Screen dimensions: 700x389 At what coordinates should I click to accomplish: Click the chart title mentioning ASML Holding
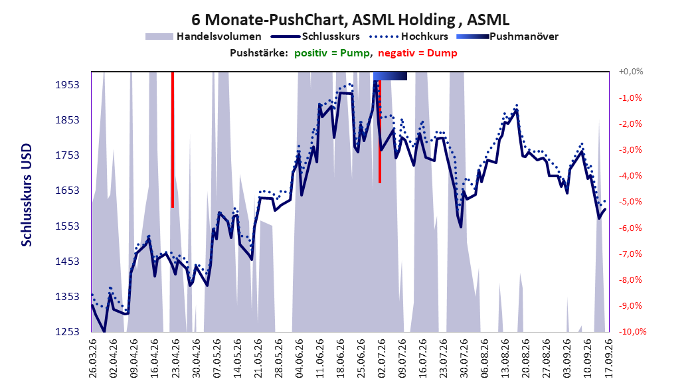(x=350, y=20)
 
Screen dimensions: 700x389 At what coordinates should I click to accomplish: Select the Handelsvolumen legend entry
(x=203, y=37)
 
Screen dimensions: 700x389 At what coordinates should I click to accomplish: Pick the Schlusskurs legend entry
(x=315, y=37)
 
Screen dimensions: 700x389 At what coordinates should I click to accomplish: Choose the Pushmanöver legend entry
(x=507, y=37)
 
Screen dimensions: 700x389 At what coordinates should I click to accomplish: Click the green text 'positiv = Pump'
(x=332, y=53)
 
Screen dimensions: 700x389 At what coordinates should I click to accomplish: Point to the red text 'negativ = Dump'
(x=418, y=53)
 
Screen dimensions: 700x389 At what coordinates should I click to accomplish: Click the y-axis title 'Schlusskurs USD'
(x=27, y=194)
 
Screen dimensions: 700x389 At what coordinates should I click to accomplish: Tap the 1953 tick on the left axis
(x=68, y=85)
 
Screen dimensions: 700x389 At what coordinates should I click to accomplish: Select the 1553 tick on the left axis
(x=68, y=226)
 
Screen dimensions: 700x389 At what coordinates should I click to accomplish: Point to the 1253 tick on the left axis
(x=68, y=332)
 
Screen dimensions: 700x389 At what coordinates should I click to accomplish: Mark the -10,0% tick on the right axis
(x=632, y=331)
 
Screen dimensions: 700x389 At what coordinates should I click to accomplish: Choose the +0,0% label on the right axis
(x=631, y=72)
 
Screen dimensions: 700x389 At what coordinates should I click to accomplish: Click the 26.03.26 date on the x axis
(x=93, y=358)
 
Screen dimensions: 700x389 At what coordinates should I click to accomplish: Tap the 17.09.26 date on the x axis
(x=608, y=358)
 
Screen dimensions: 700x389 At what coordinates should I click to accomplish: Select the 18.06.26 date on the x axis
(x=340, y=358)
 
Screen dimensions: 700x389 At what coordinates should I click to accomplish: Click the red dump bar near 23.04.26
(x=173, y=139)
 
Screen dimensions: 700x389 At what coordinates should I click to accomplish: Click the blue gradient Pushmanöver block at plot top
(x=390, y=76)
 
